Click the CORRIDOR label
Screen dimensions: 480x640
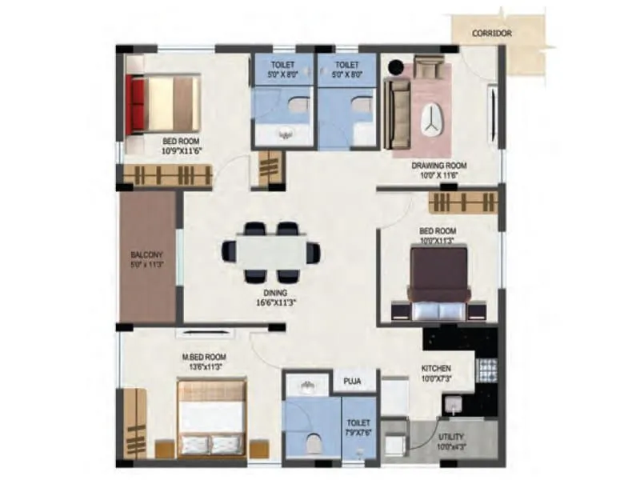(492, 34)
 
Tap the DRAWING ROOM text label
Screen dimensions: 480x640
(439, 166)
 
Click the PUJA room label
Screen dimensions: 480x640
(354, 382)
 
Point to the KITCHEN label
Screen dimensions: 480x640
(436, 369)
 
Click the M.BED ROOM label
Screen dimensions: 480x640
(204, 357)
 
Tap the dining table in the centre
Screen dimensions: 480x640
(272, 252)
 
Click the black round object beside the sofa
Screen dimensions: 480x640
(394, 67)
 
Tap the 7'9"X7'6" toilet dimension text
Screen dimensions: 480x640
(358, 433)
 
